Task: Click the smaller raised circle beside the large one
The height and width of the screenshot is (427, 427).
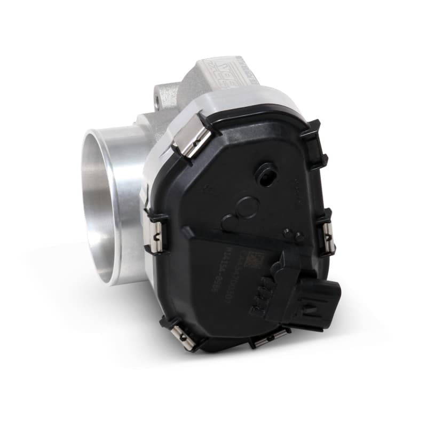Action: tap(228, 221)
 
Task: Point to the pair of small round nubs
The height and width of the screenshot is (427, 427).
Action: tap(293, 234)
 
